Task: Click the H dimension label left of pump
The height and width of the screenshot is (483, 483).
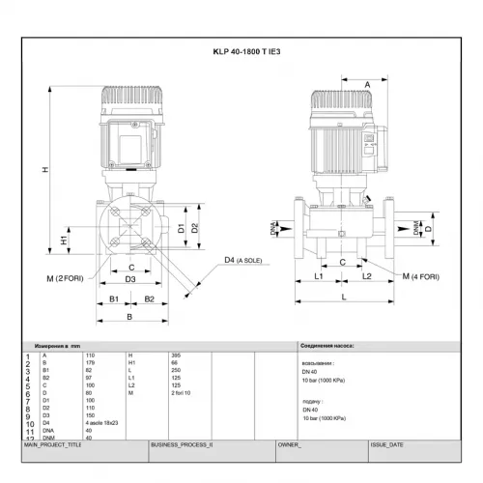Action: tap(45, 170)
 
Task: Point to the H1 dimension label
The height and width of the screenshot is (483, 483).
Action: tap(65, 239)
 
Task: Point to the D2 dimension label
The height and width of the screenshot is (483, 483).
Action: tap(195, 228)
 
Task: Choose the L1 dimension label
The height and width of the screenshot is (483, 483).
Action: tap(320, 276)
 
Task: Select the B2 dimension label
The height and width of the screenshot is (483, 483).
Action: tap(150, 299)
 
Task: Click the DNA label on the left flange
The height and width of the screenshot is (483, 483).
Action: tap(273, 228)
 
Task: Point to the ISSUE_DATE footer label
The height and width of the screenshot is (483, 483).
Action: tap(387, 446)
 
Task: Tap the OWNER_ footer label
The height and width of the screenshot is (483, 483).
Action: tap(291, 446)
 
